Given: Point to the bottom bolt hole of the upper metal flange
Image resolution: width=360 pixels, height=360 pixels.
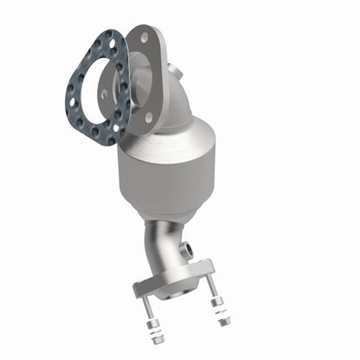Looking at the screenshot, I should pos(148,117).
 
